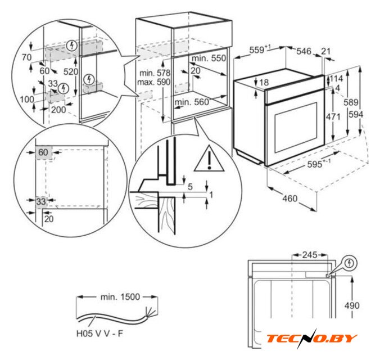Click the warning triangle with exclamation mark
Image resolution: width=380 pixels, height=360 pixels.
tap(210, 159)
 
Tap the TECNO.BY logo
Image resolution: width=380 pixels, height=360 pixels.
tap(312, 339)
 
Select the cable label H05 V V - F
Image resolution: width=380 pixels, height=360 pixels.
tap(99, 334)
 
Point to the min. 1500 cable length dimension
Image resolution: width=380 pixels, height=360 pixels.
tap(120, 296)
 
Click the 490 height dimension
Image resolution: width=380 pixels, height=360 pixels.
tap(352, 305)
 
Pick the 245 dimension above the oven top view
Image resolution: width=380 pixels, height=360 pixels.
tap(310, 255)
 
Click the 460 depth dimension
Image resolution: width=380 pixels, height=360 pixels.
tap(290, 199)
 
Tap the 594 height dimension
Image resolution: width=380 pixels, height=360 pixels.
tap(356, 115)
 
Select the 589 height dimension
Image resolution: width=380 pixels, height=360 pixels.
tap(351, 102)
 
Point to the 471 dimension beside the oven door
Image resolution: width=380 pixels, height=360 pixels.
tap(333, 116)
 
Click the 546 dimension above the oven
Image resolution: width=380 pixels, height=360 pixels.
tap(304, 51)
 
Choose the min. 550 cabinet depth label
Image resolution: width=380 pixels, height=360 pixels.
tap(209, 58)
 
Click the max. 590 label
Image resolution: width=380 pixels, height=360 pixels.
tap(153, 82)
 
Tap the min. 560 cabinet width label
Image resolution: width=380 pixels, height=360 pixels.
tap(192, 102)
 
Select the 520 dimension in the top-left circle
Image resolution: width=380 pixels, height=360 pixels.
tap(71, 71)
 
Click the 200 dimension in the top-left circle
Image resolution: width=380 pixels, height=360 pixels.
tap(58, 110)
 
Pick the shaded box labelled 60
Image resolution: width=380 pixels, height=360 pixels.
tap(44, 153)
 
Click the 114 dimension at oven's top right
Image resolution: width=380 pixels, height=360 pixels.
tap(336, 78)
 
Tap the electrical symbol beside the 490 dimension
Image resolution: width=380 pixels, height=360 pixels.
tap(349, 263)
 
